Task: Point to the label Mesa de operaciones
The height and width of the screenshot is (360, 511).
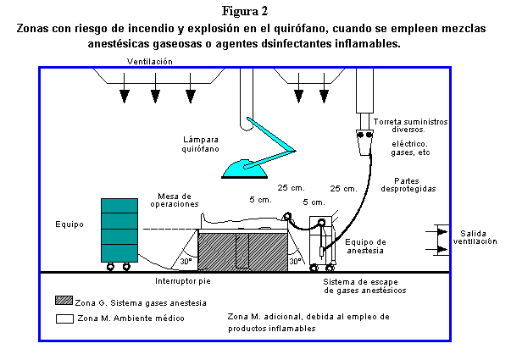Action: [x=175, y=200]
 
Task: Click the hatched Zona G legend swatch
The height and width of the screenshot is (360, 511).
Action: [x=63, y=302]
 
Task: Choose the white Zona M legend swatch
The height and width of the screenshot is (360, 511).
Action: [x=63, y=318]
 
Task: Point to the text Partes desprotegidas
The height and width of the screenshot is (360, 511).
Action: [x=414, y=184]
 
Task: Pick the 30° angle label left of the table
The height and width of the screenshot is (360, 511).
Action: [x=185, y=261]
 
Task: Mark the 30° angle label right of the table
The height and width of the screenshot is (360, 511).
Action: [x=295, y=261]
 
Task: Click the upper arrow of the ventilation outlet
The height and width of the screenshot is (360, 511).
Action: [x=442, y=230]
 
